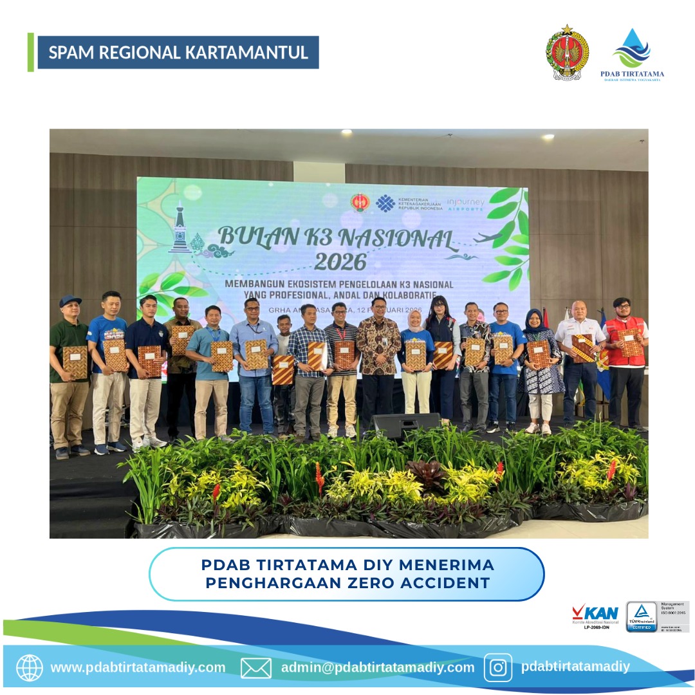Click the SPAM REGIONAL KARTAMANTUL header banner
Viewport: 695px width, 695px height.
(178, 53)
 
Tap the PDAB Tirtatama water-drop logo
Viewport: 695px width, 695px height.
(631, 49)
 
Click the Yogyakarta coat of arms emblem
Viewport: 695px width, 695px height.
(567, 53)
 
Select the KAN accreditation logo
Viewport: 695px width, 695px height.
(595, 615)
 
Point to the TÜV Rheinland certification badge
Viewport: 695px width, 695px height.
(642, 616)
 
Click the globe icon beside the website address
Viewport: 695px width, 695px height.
(29, 667)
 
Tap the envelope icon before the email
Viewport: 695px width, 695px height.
(255, 667)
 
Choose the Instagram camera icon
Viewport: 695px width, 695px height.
(498, 667)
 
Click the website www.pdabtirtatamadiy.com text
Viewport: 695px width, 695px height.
(138, 667)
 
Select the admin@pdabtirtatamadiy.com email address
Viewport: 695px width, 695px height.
(378, 667)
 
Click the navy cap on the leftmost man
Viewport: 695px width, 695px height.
(69, 301)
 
